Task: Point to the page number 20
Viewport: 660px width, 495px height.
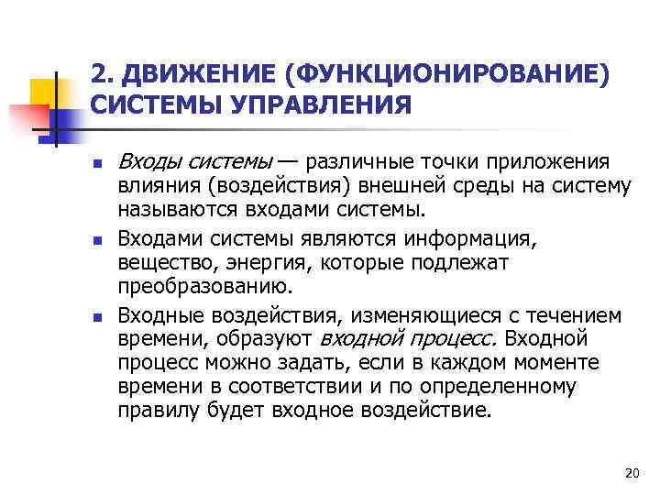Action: (630, 473)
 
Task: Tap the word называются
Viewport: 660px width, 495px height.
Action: (176, 211)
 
